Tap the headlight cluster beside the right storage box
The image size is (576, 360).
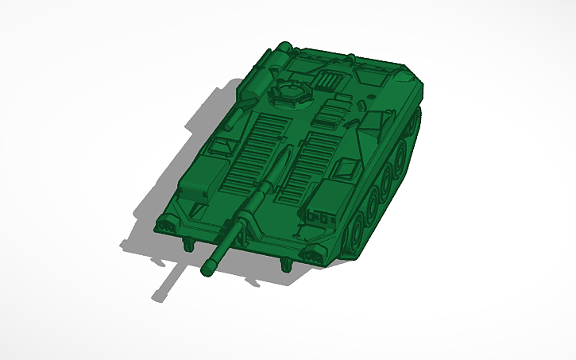point(314,253)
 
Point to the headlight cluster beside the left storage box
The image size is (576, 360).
point(168,225)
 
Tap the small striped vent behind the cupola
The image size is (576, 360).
point(329,79)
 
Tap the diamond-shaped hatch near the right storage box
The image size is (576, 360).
point(347,166)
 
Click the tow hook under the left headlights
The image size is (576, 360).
point(189,242)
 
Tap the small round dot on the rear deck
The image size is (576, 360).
point(371,93)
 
